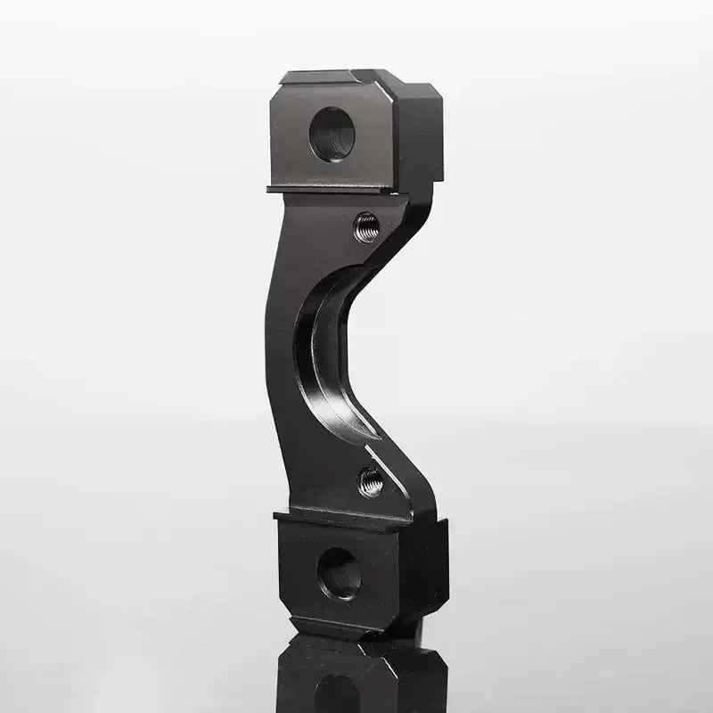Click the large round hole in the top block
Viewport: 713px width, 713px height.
click(332, 134)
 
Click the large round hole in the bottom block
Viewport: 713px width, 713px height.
click(339, 572)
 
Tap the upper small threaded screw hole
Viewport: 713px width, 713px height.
click(366, 227)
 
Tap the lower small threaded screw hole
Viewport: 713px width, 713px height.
click(371, 482)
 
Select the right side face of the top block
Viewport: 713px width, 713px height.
click(419, 143)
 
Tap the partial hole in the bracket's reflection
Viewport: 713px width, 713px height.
click(337, 695)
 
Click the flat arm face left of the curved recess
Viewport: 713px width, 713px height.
click(283, 356)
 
